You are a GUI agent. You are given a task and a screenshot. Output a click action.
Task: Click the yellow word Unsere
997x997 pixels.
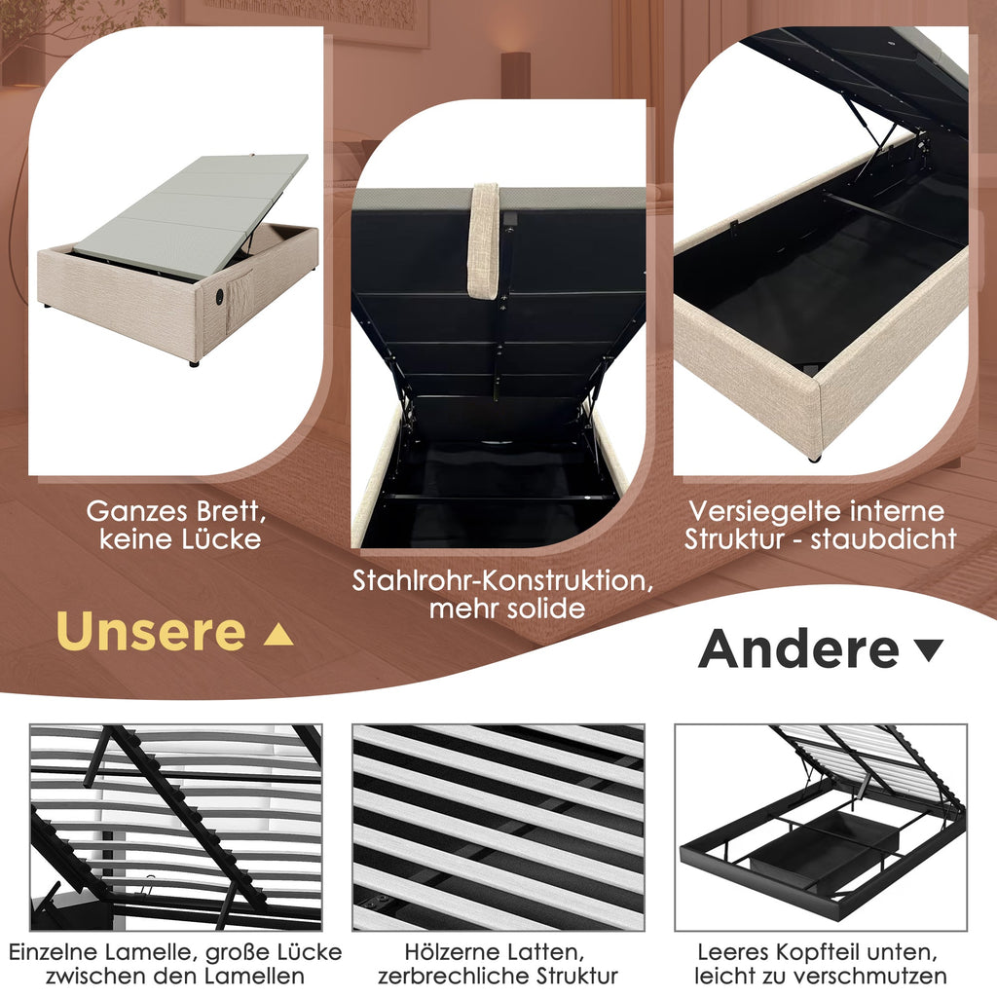coord(151,631)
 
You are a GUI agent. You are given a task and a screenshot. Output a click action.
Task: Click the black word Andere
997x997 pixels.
coord(798,648)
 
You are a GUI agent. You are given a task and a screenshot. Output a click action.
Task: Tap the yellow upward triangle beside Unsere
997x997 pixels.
coord(277,635)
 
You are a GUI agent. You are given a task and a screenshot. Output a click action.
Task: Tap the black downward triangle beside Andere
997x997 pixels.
coord(928,649)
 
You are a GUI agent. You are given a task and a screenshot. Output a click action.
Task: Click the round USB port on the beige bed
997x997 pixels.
coord(219,296)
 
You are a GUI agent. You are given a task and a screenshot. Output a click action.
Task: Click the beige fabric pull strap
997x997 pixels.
coord(483,240)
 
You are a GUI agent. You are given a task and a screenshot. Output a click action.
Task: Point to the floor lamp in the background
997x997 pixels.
coord(515,74)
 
